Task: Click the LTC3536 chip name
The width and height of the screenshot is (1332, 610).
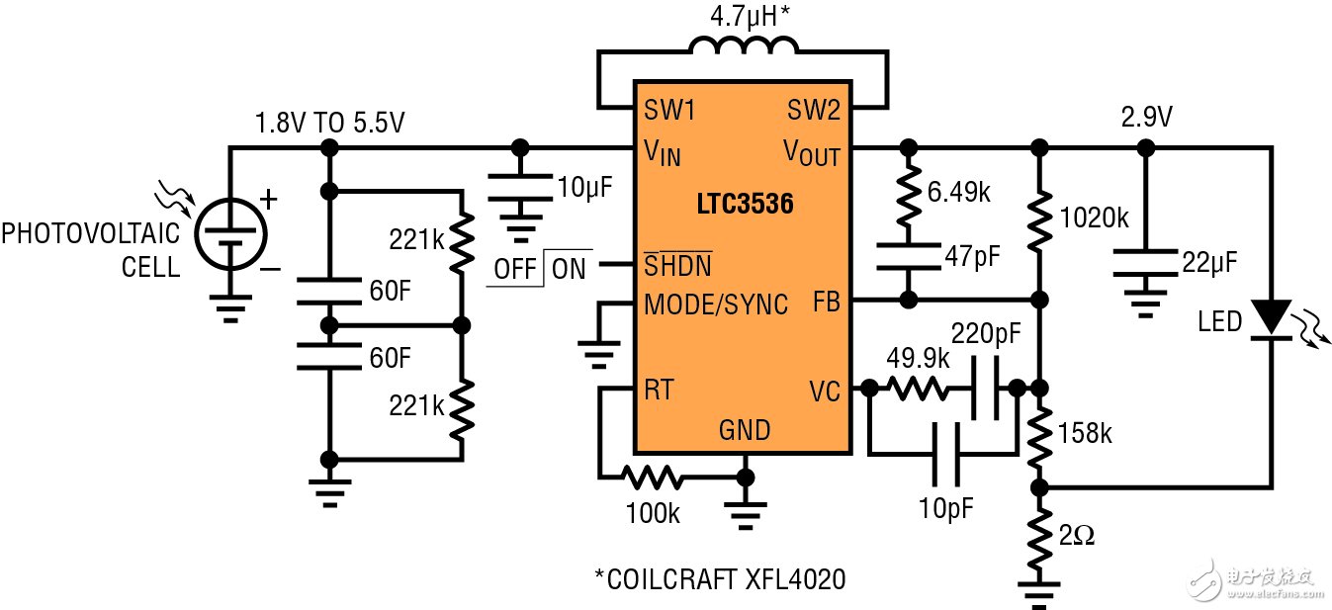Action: point(743,207)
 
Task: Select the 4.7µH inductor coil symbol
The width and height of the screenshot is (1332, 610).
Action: point(743,49)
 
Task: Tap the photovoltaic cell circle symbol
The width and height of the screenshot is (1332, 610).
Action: point(231,234)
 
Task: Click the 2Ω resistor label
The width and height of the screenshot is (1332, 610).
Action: point(1077,537)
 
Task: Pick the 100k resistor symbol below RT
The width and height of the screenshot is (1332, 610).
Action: point(652,479)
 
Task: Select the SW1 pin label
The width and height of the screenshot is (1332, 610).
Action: point(669,111)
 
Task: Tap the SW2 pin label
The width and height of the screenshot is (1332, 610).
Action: point(814,111)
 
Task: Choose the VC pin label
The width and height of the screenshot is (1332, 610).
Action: point(823,392)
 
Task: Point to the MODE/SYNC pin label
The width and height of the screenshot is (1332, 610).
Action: point(716,304)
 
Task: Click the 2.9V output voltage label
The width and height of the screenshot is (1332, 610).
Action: point(1146,119)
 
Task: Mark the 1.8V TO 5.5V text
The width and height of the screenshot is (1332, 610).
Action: point(329,125)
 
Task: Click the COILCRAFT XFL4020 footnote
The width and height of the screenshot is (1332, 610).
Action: point(719,579)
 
